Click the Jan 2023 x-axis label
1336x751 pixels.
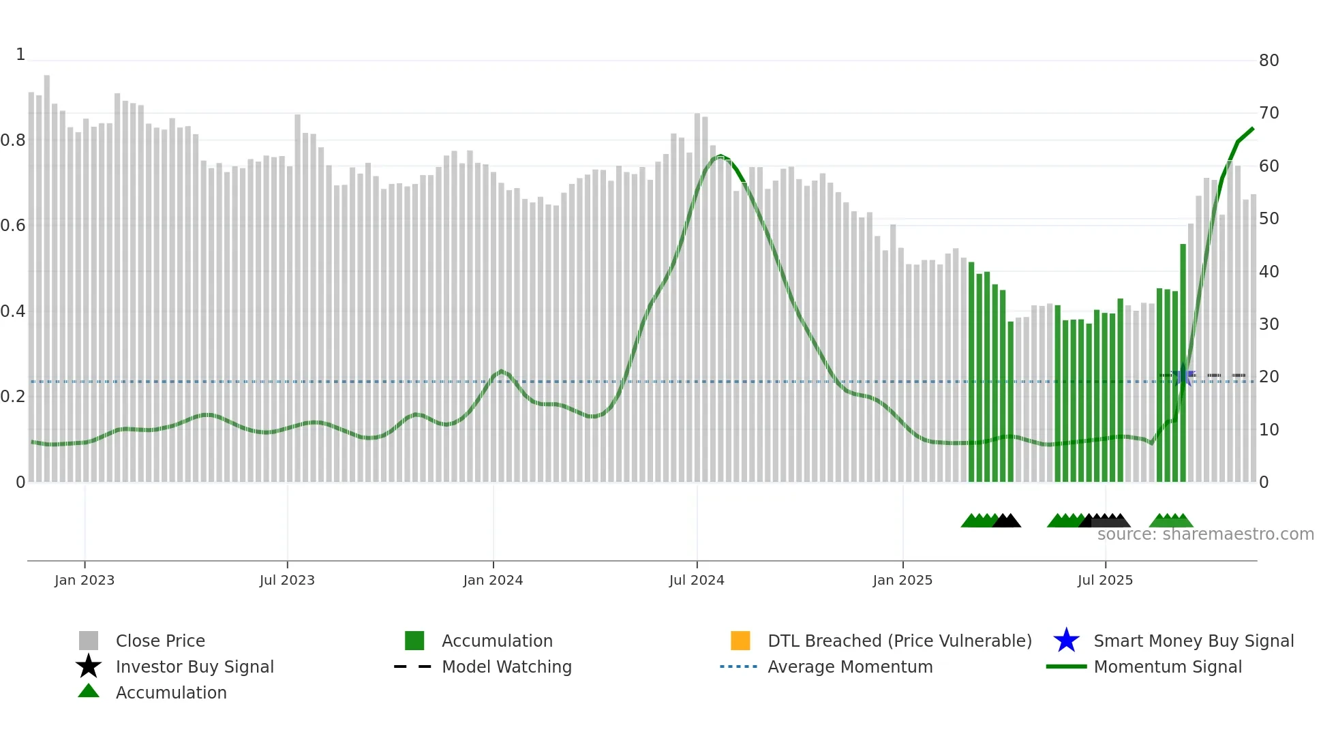tap(85, 580)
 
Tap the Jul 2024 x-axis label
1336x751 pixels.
tap(697, 580)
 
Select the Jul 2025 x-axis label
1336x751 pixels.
tap(1105, 580)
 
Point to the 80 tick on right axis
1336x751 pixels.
tap(1269, 61)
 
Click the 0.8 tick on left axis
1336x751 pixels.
tap(13, 140)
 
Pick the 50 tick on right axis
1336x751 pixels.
tap(1269, 219)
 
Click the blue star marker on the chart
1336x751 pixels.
tap(1184, 375)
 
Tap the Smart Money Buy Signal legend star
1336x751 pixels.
tap(1066, 641)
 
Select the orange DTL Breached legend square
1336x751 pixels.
tap(740, 641)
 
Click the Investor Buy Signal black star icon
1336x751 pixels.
tap(89, 666)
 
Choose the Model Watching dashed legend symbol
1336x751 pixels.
tap(413, 666)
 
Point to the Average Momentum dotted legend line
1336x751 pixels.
tap(739, 666)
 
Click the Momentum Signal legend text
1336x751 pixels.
tap(1168, 666)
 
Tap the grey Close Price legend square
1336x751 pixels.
tap(89, 641)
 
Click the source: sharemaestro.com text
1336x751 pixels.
tap(1205, 534)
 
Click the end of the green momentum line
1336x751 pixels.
tap(1253, 128)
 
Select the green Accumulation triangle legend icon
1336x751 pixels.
tap(89, 691)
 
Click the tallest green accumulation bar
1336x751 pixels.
tap(1183, 361)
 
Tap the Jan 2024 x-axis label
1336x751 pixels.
tap(493, 580)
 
